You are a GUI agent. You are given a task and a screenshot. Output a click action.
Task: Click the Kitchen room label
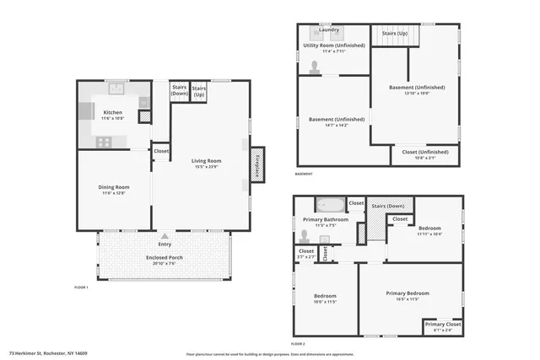coord(112,112)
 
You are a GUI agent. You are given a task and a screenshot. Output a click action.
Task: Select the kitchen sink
coord(116,88)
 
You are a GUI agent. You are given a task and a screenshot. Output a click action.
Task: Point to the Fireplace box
coord(257,165)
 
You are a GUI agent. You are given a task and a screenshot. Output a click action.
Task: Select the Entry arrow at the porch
coord(164,238)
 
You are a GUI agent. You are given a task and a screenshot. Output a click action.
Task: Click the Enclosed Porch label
coord(164,257)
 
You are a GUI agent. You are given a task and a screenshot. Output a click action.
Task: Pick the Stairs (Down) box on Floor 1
coord(180,90)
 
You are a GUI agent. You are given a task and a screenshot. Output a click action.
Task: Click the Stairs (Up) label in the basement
coord(395,34)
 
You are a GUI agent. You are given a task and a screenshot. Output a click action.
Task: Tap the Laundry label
coord(329,30)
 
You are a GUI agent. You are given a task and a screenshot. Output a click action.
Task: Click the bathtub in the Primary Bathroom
coord(329,205)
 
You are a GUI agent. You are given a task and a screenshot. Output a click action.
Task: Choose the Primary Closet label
coord(442,325)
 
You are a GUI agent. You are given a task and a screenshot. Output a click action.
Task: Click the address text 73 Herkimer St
coord(48,353)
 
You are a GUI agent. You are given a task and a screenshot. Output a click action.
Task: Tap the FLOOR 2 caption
coord(297,344)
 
